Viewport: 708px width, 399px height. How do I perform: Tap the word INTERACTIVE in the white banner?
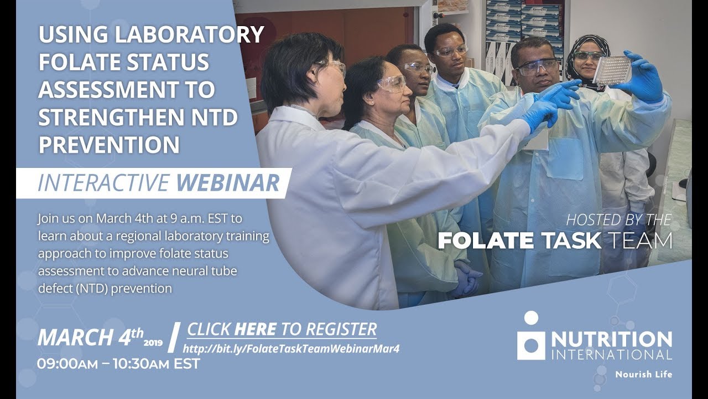103,183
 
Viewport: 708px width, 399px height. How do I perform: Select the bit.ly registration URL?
291,349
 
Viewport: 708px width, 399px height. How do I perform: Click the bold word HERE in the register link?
255,329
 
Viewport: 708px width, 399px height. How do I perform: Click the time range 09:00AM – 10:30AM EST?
118,364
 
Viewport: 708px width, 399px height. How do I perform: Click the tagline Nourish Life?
644,375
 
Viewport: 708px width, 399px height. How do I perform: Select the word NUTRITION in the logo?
611,338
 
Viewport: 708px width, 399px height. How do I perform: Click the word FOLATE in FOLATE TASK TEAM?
485,241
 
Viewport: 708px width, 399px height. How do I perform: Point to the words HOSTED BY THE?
618,220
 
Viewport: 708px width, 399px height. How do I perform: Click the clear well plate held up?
612,70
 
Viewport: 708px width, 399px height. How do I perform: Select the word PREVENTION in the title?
109,145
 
